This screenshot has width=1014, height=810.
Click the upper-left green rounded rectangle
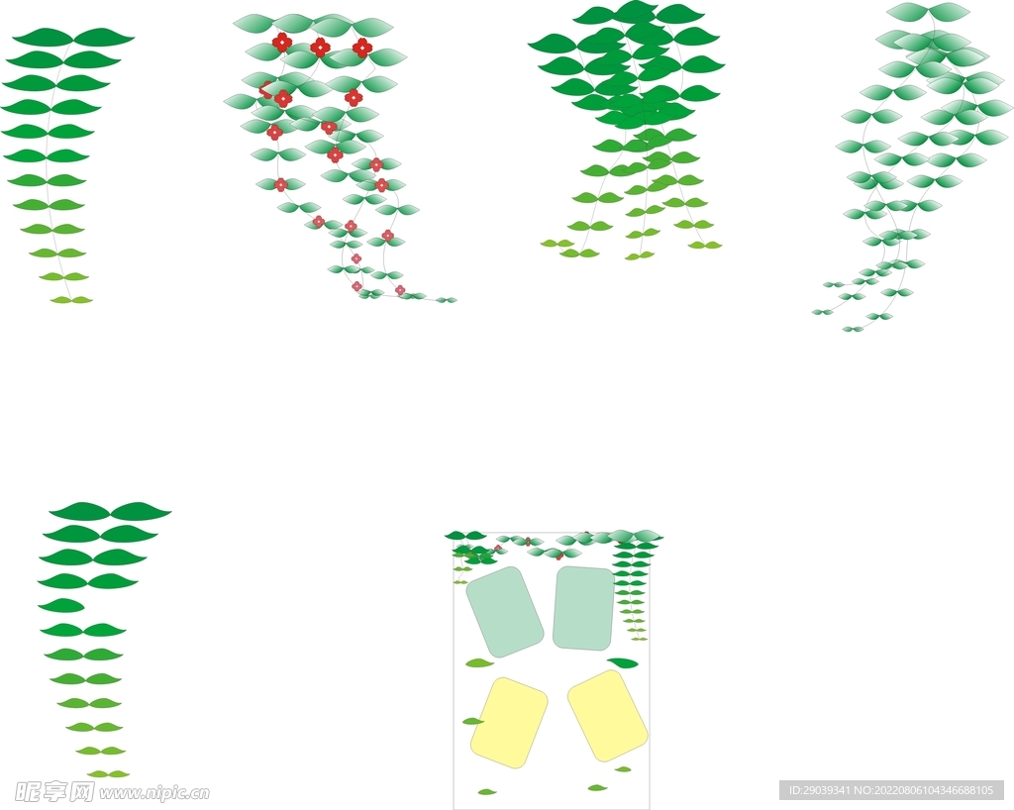pos(505,612)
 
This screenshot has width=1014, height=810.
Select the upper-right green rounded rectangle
pos(583,608)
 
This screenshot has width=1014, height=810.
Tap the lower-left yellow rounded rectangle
pos(509,723)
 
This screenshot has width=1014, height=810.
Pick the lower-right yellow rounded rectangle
pos(607,716)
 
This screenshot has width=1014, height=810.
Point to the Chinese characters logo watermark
pos(54,791)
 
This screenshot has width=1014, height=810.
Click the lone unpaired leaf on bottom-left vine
pos(61,606)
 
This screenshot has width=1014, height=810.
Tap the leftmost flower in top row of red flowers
pos(282,43)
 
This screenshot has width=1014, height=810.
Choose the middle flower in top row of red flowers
pos(320,47)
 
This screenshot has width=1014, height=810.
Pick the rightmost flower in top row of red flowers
pos(362,48)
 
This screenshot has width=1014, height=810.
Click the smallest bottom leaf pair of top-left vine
pos(71,300)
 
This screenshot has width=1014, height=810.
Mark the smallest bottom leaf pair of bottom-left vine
pos(109,773)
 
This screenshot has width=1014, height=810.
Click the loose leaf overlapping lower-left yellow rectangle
pos(473,721)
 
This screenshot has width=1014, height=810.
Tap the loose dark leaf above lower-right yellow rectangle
pos(623,662)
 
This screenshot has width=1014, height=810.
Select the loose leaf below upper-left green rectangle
pos(480,662)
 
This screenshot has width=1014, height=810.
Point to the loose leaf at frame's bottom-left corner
pos(487,791)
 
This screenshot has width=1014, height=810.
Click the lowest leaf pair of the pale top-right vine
pos(853,329)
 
